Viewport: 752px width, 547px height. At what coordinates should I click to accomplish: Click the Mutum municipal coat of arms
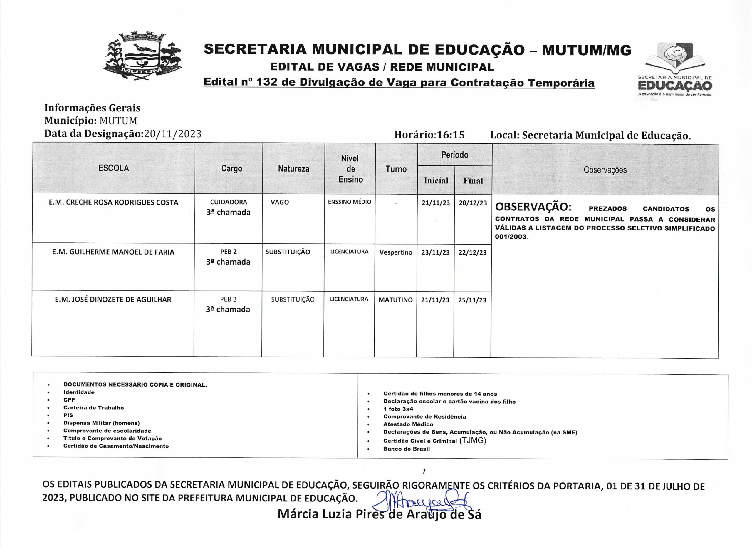[142, 57]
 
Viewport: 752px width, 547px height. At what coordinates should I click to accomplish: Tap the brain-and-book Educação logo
[675, 70]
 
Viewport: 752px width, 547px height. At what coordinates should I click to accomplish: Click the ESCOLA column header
[113, 168]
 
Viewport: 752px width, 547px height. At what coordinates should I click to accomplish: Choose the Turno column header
[396, 169]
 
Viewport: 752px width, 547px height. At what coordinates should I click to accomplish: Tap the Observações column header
[605, 170]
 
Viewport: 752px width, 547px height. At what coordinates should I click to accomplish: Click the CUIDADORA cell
[229, 202]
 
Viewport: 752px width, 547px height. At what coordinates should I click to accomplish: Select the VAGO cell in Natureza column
[280, 202]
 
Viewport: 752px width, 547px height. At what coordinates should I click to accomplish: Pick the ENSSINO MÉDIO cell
[350, 202]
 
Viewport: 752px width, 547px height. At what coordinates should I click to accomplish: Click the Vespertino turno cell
[396, 252]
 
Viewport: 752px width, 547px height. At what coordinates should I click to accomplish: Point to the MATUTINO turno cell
[396, 300]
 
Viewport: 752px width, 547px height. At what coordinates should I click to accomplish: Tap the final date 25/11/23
[472, 300]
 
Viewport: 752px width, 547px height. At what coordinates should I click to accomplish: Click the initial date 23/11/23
[435, 252]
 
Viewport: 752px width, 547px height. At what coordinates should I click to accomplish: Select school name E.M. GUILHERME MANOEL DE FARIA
[113, 252]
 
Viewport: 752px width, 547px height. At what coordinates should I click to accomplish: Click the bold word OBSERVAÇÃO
[533, 207]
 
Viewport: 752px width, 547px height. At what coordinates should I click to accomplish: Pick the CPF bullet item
[69, 400]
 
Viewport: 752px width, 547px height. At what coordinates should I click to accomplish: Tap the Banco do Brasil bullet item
[406, 449]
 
